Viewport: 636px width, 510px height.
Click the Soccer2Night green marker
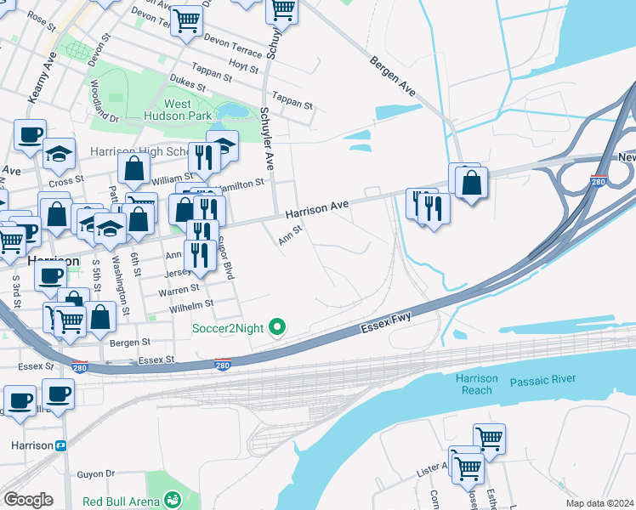276,326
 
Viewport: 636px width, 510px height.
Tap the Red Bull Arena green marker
173,499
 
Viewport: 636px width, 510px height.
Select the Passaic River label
542,380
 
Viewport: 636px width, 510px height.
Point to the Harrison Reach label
476,384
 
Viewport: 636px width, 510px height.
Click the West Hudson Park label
189,110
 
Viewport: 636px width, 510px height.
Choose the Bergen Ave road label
393,76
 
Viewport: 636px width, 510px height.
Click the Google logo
28,499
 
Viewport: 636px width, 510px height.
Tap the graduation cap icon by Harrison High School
222,145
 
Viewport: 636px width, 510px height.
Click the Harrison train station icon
61,445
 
